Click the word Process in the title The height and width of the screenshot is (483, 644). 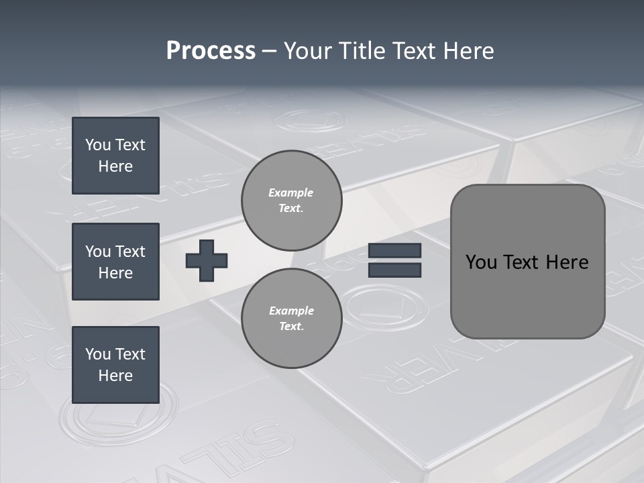tap(211, 51)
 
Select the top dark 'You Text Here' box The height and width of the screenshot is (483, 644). tap(115, 156)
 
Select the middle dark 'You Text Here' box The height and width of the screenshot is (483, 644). tap(115, 262)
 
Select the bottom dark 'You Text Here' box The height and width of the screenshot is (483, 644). tap(115, 365)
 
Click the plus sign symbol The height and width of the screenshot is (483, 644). tap(207, 260)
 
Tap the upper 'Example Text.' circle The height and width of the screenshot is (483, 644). tap(292, 201)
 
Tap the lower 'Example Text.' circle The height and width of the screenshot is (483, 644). tap(292, 319)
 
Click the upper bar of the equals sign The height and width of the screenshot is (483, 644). tap(394, 250)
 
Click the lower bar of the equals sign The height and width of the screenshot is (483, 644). tap(394, 270)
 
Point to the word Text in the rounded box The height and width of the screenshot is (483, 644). tap(527, 262)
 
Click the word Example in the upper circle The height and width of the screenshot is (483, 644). tap(291, 193)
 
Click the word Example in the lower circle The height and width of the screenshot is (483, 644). tap(291, 311)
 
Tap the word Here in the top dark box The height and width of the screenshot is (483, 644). tap(115, 166)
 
